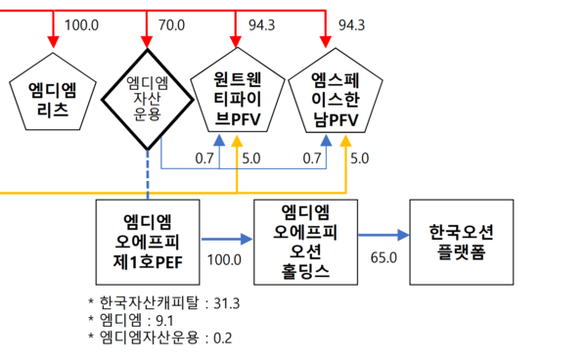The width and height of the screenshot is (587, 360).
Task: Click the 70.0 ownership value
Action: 172,23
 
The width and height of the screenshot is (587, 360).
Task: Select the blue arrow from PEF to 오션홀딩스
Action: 226,237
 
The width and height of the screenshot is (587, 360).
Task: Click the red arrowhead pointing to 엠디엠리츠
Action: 52,41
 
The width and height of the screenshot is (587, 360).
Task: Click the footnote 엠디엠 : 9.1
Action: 136,320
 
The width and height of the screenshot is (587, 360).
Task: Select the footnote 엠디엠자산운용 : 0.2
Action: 164,337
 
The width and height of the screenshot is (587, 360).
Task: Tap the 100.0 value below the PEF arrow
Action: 224,258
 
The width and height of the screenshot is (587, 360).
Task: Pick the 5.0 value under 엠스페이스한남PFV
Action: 359,157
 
